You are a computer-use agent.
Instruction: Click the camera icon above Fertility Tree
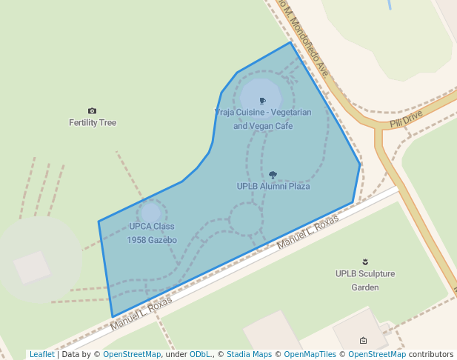pos(92,110)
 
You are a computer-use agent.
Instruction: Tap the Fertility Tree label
pos(93,123)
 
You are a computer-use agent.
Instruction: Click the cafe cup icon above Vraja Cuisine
pos(262,100)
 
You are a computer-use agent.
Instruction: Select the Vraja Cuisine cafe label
pos(263,119)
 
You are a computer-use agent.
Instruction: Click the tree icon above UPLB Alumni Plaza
pos(273,175)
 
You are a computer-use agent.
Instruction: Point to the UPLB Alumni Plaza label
pos(273,187)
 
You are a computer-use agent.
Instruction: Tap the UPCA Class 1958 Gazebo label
pos(152,233)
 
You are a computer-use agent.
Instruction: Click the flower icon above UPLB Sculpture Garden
pos(364,261)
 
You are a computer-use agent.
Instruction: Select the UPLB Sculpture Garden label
pos(365,280)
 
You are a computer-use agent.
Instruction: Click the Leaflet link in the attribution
pos(41,354)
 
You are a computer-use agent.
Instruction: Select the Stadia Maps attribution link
pos(249,354)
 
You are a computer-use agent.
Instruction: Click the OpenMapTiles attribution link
pos(307,354)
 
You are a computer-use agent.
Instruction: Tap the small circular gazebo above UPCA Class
pos(151,212)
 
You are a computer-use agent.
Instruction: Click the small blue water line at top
pos(389,4)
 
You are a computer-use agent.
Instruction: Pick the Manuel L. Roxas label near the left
pos(141,314)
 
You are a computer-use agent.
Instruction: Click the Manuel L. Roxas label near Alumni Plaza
pos(307,233)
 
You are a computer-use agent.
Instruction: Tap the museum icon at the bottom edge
pos(363,341)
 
